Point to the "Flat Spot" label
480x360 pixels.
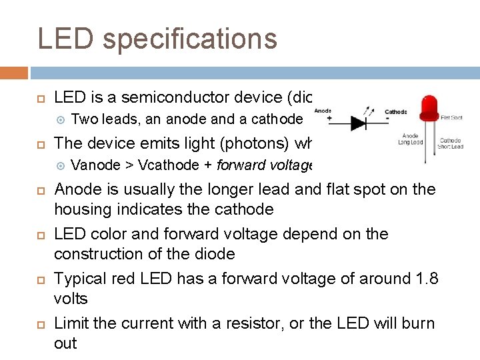click(x=451, y=117)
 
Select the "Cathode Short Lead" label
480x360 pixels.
click(x=451, y=143)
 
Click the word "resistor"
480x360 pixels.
click(x=268, y=323)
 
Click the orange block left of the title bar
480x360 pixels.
click(x=14, y=73)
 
